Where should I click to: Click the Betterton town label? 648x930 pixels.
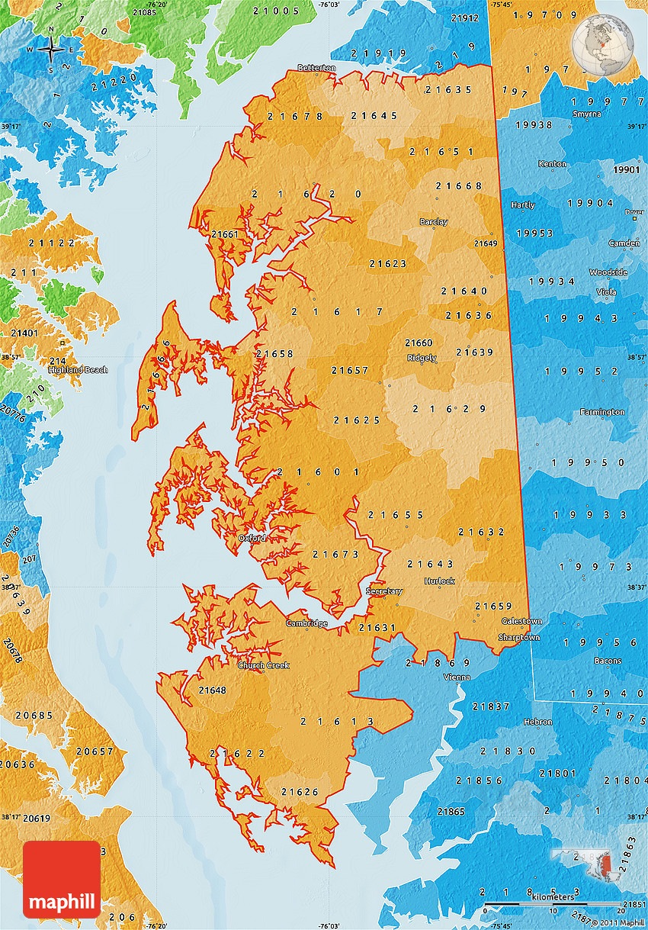pyautogui.click(x=316, y=68)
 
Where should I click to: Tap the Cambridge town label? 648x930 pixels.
pyautogui.click(x=306, y=623)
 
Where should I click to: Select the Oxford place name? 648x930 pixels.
pyautogui.click(x=252, y=538)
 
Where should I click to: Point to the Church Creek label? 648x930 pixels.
pyautogui.click(x=263, y=665)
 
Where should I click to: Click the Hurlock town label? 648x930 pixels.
pyautogui.click(x=439, y=581)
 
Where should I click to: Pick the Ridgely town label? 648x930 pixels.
pyautogui.click(x=422, y=357)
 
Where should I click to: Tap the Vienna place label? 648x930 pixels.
pyautogui.click(x=457, y=677)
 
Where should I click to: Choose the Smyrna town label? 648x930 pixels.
pyautogui.click(x=587, y=114)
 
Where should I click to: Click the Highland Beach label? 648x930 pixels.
pyautogui.click(x=78, y=370)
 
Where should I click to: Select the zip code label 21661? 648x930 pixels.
pyautogui.click(x=225, y=233)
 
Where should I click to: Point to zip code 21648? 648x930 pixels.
pyautogui.click(x=212, y=690)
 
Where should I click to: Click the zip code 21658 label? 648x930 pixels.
pyautogui.click(x=274, y=354)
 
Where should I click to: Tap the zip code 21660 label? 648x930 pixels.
pyautogui.click(x=419, y=343)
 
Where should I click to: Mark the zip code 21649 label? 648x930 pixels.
pyautogui.click(x=486, y=243)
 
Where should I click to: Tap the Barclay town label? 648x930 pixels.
pyautogui.click(x=434, y=222)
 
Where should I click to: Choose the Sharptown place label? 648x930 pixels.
pyautogui.click(x=518, y=637)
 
